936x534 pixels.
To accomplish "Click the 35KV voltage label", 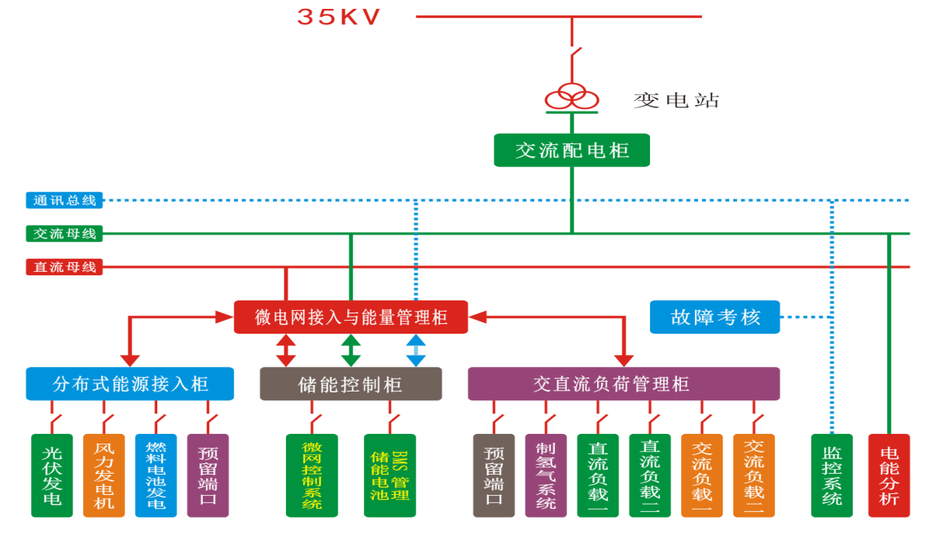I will (x=339, y=16).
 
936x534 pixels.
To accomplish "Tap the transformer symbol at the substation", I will (x=571, y=97).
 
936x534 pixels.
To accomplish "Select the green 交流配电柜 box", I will (x=572, y=151).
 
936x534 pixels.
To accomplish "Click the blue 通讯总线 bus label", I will (x=64, y=199).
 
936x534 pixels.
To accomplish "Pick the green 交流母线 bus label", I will (x=64, y=234).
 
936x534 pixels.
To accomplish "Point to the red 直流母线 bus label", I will (x=64, y=267).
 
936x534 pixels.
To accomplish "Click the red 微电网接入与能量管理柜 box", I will (x=351, y=317).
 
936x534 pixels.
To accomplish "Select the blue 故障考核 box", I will (x=714, y=317).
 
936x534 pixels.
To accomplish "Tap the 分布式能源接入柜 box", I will (x=130, y=383).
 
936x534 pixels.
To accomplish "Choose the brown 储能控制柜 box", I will (x=350, y=383).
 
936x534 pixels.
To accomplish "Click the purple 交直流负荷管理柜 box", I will (x=623, y=383).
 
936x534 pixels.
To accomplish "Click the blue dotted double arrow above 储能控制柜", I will (x=415, y=350).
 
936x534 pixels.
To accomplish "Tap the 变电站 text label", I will (x=676, y=101).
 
